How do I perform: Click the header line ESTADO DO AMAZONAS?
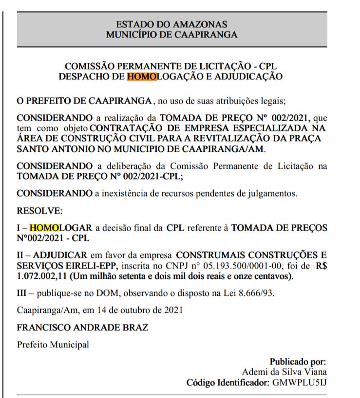[x=172, y=24]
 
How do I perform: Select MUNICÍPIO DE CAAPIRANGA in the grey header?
[x=172, y=34]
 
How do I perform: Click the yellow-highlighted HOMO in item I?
[x=43, y=227]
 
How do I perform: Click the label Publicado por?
[x=297, y=362]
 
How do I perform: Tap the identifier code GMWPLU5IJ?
[x=299, y=383]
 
